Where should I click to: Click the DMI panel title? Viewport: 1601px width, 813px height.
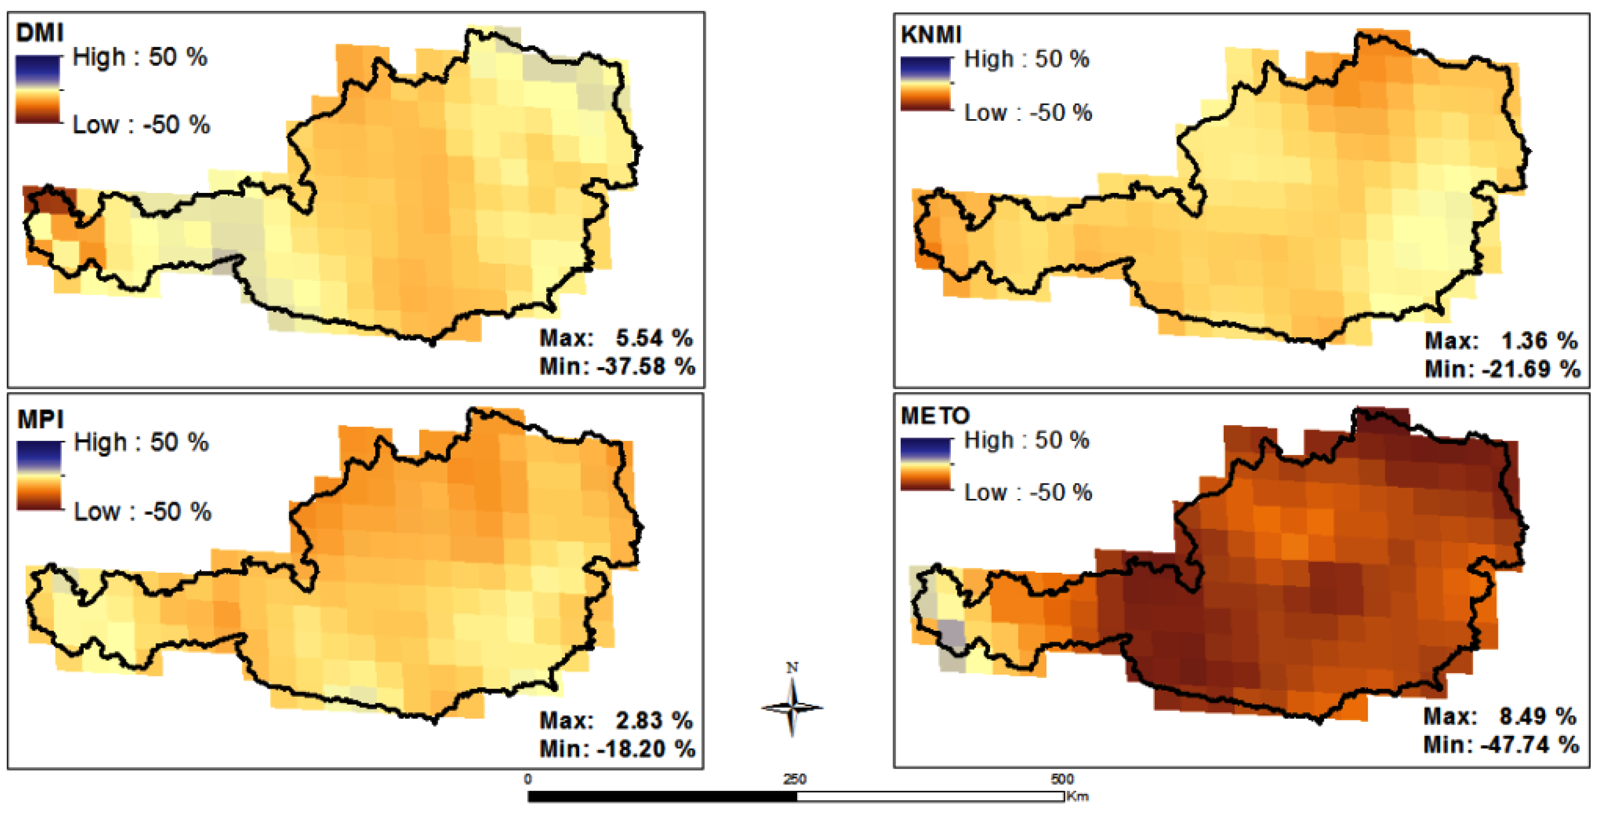(39, 32)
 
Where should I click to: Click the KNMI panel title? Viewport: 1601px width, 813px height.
(931, 35)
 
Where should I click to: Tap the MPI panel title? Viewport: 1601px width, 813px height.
(40, 420)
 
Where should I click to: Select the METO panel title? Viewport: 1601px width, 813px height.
(935, 415)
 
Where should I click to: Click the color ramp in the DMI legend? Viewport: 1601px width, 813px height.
(38, 89)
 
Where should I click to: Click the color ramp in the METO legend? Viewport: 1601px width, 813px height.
(925, 463)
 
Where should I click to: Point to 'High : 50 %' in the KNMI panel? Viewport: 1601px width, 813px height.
(1026, 60)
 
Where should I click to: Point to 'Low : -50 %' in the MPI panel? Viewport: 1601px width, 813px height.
(142, 512)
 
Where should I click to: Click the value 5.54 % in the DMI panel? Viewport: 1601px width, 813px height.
(654, 338)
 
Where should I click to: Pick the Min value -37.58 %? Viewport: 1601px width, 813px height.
(646, 366)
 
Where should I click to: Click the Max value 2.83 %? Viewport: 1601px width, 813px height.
(654, 720)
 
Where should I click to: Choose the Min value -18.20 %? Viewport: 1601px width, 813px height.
(646, 748)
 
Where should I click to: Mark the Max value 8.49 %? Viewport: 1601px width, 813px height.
(1538, 716)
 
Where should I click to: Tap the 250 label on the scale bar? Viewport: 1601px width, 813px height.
(794, 779)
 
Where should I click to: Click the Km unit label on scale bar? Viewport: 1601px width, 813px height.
(1078, 796)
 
